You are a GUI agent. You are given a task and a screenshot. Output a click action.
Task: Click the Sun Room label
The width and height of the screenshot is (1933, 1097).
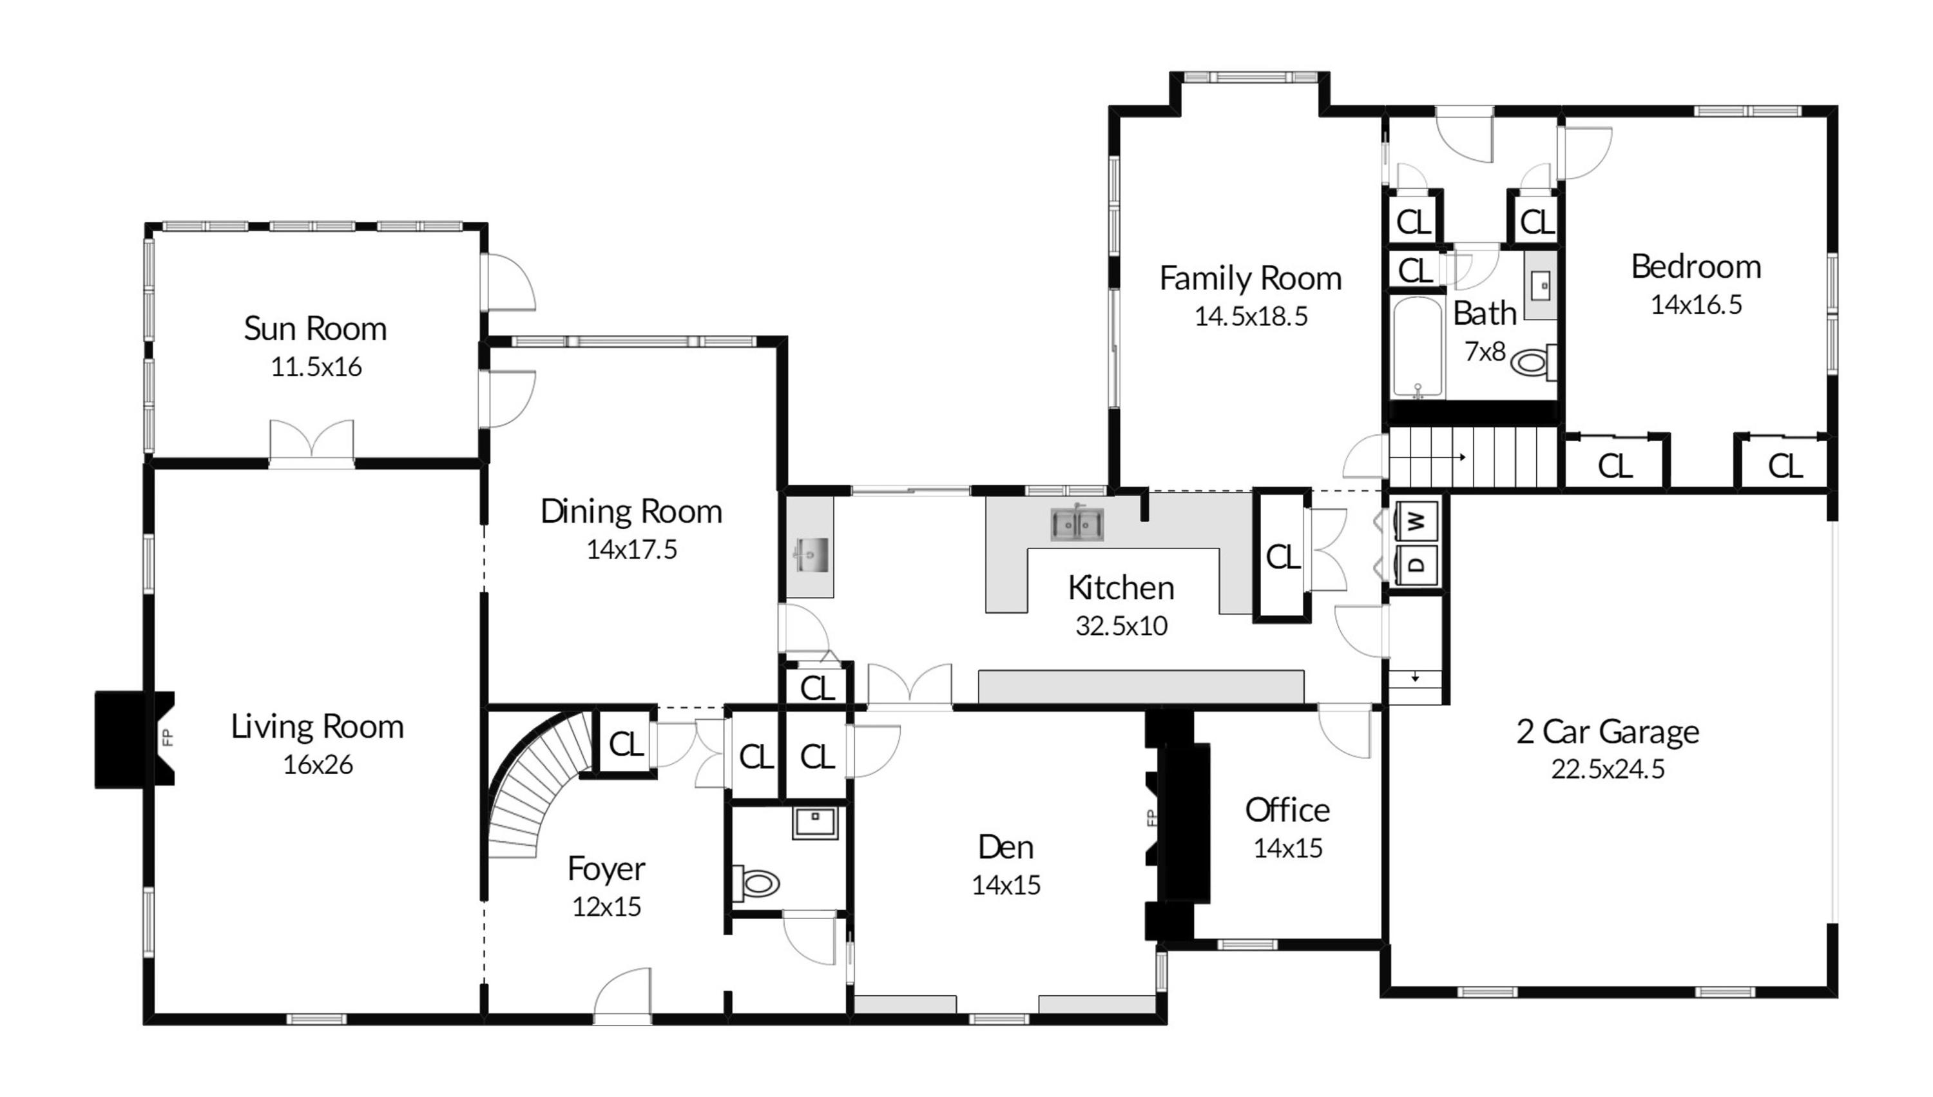(316, 329)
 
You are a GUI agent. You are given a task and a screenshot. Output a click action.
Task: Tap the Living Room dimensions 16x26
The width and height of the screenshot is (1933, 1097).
(318, 764)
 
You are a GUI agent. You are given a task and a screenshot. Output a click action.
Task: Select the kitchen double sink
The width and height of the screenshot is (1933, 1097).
(1077, 523)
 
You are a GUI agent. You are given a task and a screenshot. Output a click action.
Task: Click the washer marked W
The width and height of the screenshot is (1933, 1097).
(1416, 521)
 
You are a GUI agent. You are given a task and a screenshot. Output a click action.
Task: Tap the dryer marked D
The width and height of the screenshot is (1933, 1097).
(1416, 565)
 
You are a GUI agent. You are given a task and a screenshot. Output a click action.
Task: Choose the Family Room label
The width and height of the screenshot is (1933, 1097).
(1251, 278)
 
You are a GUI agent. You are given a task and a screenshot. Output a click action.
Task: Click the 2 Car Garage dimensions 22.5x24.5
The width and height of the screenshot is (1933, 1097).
(1608, 770)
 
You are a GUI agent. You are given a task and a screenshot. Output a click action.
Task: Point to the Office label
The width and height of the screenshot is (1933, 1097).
(1287, 810)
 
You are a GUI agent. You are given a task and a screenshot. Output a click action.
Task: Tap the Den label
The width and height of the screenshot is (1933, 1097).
(1006, 848)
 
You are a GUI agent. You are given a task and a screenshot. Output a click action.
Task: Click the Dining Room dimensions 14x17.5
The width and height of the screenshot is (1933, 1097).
(632, 550)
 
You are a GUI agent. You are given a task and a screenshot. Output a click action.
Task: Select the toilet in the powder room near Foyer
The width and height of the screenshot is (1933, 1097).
(757, 883)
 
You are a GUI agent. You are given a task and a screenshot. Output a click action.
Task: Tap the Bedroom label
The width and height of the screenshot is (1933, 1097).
(1696, 267)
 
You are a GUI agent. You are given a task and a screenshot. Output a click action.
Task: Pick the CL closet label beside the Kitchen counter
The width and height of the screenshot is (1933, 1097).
(1283, 558)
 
